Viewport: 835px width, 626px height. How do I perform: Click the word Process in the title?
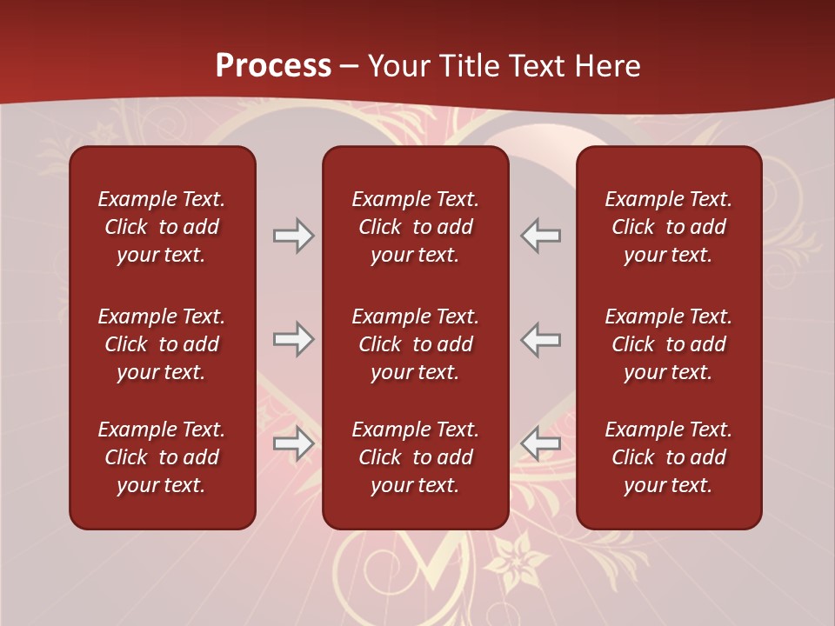coord(273,66)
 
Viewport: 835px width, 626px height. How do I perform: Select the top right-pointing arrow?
coord(293,236)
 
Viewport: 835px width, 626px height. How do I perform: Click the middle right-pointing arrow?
coord(293,339)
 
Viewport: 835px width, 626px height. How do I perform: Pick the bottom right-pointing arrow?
coord(293,443)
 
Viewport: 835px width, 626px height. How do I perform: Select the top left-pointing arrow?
coord(541,236)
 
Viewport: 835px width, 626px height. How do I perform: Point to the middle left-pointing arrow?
coord(541,339)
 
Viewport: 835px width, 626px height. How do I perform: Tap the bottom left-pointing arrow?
coord(541,443)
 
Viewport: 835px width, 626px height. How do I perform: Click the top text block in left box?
coord(162,227)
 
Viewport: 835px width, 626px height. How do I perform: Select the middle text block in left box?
coord(162,344)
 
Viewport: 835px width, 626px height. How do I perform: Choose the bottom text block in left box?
coord(162,457)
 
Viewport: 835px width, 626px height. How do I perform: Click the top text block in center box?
coord(415,227)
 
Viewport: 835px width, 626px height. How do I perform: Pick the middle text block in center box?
coord(415,344)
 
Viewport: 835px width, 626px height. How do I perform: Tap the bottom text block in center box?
coord(415,457)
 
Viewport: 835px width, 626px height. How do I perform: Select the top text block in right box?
coord(668,227)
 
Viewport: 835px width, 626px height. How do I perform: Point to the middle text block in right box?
coord(668,344)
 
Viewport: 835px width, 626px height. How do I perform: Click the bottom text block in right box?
coord(668,457)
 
